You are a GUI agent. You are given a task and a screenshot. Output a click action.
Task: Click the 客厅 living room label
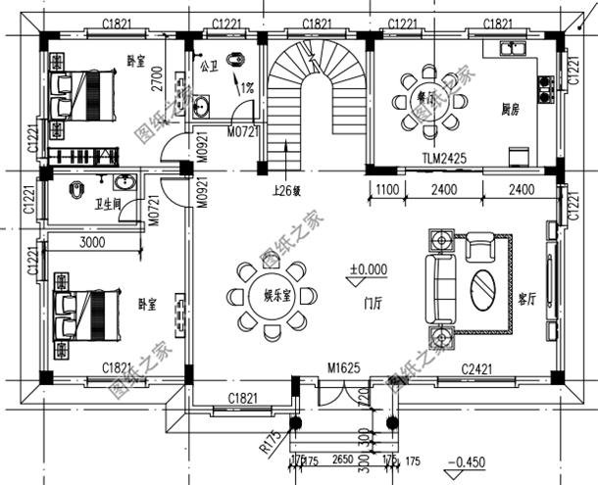(x=526, y=301)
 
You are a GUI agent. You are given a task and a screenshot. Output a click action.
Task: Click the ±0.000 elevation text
(x=369, y=267)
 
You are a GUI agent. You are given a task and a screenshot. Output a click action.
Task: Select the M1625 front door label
(x=344, y=368)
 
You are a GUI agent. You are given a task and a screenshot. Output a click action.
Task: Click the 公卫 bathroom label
(x=208, y=68)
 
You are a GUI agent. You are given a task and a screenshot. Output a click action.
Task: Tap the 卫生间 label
(x=107, y=205)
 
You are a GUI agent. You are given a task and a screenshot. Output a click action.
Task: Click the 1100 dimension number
(x=384, y=191)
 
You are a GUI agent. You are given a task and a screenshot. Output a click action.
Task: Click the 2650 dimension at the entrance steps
(x=342, y=459)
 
